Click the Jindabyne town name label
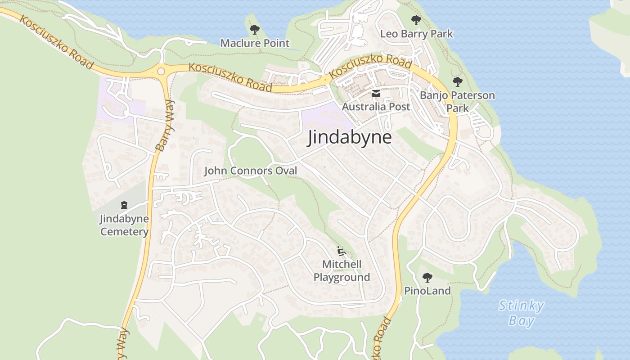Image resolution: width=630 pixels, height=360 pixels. pyautogui.click(x=349, y=137)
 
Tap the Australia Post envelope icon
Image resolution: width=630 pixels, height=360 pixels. pyautogui.click(x=376, y=94)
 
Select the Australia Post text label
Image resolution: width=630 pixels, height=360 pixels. pyautogui.click(x=376, y=107)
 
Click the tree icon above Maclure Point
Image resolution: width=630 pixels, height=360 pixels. pyautogui.click(x=255, y=30)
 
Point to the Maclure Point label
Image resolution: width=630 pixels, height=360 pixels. pyautogui.click(x=255, y=43)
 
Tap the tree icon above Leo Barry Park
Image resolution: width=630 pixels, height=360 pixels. pyautogui.click(x=416, y=20)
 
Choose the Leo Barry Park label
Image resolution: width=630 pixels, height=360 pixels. pyautogui.click(x=416, y=34)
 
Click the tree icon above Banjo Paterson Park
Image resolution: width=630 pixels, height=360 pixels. pyautogui.click(x=458, y=82)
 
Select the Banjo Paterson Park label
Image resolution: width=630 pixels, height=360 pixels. pyautogui.click(x=457, y=102)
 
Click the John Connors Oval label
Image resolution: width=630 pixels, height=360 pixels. pyautogui.click(x=251, y=171)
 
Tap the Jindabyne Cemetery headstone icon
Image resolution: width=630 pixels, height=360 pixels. pyautogui.click(x=124, y=206)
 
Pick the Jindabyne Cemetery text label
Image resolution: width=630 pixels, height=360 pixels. pyautogui.click(x=124, y=225)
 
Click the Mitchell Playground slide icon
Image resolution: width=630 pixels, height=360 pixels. pyautogui.click(x=341, y=251)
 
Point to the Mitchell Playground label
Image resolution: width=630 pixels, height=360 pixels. pyautogui.click(x=342, y=270)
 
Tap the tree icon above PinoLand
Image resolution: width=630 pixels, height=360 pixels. pyautogui.click(x=427, y=277)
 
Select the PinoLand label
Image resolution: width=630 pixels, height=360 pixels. pyautogui.click(x=427, y=291)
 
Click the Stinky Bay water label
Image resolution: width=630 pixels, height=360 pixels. pyautogui.click(x=521, y=313)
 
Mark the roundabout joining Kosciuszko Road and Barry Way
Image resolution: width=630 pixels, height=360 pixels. pyautogui.click(x=161, y=71)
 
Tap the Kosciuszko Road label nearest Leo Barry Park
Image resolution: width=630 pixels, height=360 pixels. pyautogui.click(x=370, y=67)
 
